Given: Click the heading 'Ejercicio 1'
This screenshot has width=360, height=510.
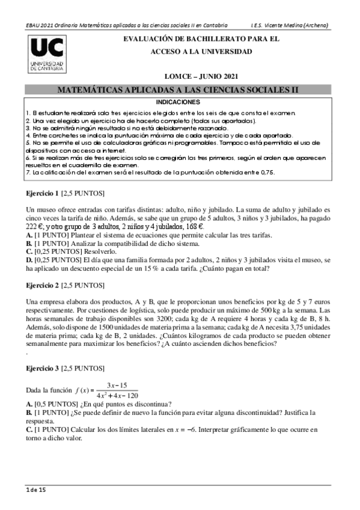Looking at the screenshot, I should click(42, 195).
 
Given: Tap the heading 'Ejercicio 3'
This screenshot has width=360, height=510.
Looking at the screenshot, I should click(42, 367).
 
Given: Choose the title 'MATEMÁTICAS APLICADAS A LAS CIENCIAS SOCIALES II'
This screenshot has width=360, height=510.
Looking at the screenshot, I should click(177, 90).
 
